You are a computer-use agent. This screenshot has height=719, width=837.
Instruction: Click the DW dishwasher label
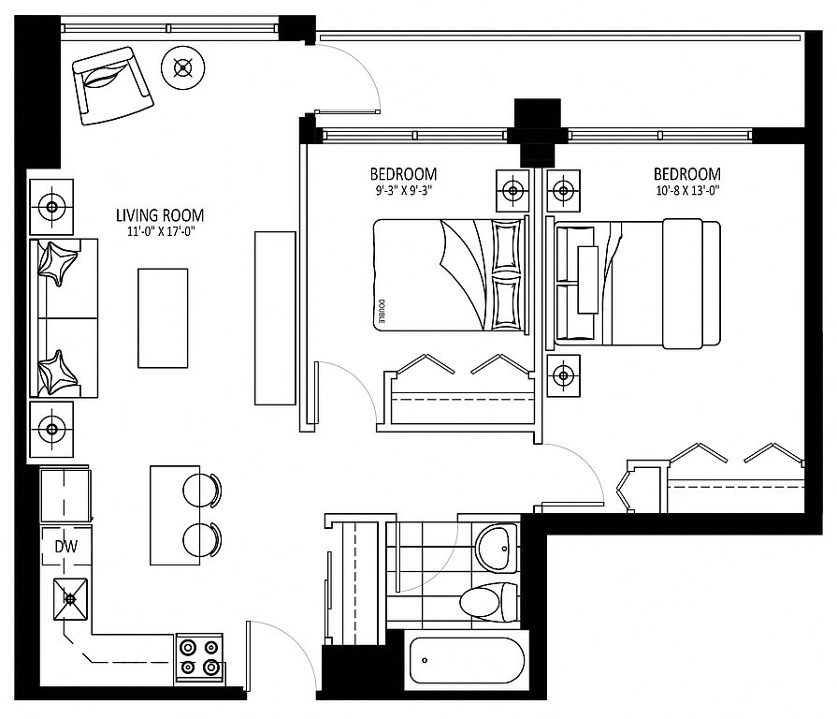click(66, 547)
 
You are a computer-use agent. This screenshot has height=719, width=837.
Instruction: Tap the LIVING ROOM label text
click(160, 215)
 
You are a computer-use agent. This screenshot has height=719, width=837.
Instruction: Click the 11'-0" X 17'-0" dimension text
click(160, 232)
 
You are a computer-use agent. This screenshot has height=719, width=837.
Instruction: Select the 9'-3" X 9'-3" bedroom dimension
click(403, 191)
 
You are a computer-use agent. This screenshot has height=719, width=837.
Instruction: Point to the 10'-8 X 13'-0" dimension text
click(687, 191)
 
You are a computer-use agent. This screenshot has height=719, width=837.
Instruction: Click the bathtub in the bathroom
click(467, 660)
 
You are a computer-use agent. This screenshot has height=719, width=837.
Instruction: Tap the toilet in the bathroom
click(489, 602)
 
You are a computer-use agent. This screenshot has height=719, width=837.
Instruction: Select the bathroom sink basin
click(497, 548)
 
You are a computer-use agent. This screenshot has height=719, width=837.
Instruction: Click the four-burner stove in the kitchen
click(199, 658)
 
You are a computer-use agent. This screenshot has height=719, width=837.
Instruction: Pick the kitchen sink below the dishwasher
click(70, 599)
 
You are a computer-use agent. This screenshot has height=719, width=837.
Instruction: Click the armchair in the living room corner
click(112, 85)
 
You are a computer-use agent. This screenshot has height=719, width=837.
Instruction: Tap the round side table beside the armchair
click(183, 67)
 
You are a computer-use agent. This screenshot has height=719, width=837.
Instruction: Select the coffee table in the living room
click(163, 318)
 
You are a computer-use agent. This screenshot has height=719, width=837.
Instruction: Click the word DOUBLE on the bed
click(382, 312)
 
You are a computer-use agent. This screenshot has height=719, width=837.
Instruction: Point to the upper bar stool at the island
click(202, 490)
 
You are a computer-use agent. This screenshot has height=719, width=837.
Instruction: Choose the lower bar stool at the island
click(202, 540)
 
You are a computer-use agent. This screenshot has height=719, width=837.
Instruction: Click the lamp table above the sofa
click(51, 207)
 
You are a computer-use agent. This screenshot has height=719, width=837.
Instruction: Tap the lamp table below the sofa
click(51, 430)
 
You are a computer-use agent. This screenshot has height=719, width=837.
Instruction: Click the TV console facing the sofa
click(275, 318)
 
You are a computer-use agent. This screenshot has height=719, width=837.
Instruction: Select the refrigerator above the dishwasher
click(65, 495)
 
